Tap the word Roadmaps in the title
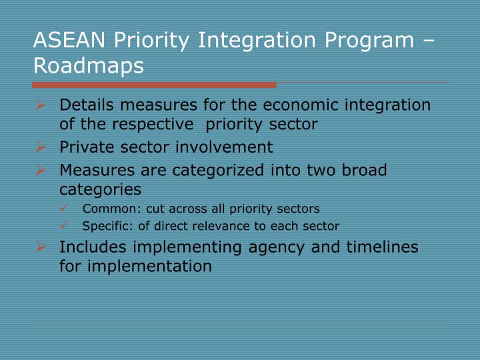(88, 67)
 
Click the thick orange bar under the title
(153, 85)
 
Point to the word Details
(84, 105)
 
